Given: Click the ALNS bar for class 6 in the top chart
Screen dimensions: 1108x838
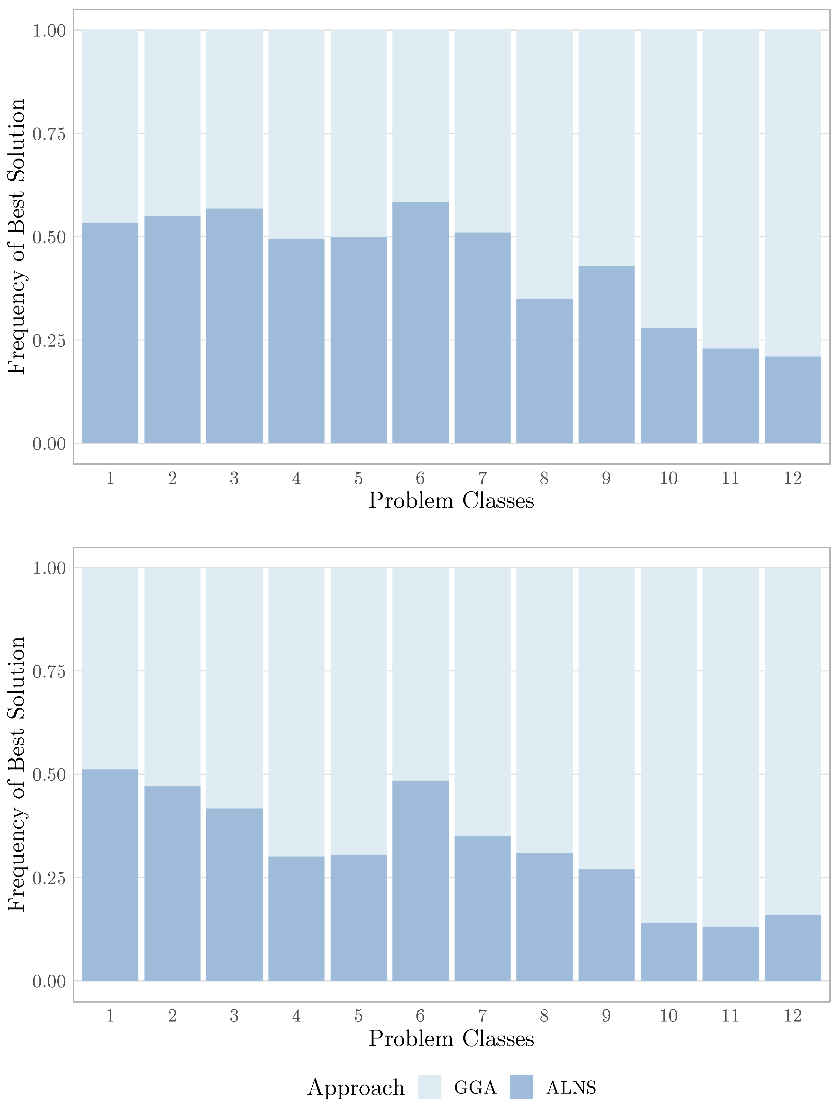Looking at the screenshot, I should coord(420,323).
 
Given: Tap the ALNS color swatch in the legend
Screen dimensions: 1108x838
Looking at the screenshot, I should coord(522,1087).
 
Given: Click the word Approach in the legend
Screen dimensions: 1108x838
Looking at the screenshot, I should coord(356,1087).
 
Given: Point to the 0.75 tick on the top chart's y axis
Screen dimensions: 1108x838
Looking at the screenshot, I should coord(49,134).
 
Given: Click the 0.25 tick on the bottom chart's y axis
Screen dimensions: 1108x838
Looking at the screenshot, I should coord(49,878).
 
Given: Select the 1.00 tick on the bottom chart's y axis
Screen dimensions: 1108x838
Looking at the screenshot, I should coord(49,568).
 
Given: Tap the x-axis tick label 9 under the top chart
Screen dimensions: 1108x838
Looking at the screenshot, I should coord(606,478).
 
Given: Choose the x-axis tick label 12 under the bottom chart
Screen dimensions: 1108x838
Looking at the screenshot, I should coord(793,1016).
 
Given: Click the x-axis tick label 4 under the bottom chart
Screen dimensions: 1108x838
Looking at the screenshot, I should coord(297,1016).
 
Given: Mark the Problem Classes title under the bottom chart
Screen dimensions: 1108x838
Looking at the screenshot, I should coord(451,1039).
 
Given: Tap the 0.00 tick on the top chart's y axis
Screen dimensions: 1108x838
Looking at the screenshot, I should coord(49,444).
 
